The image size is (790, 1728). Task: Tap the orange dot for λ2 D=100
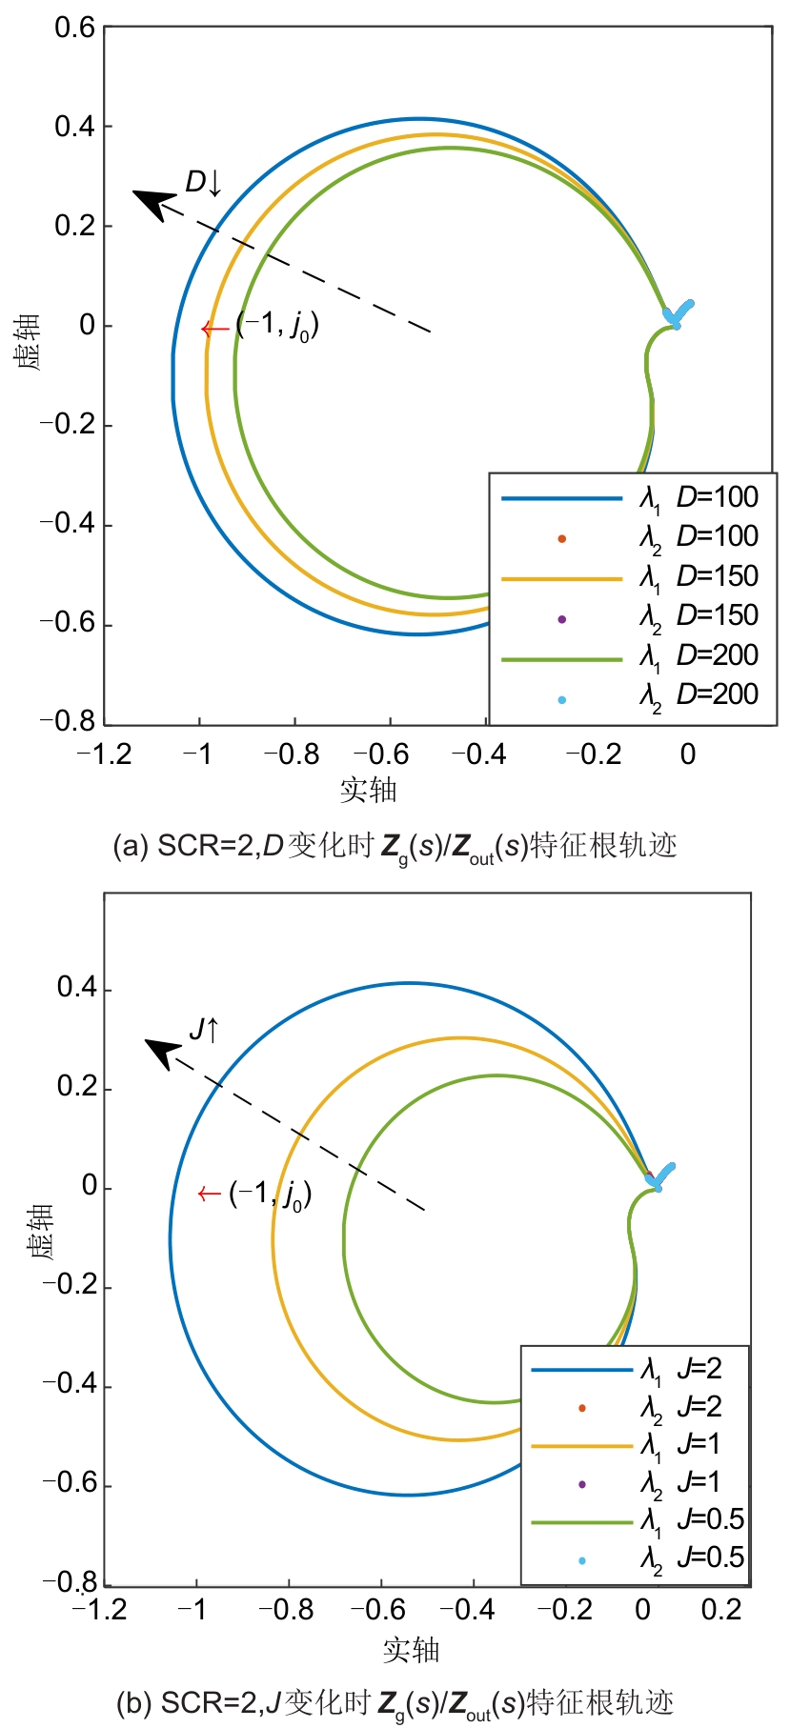562,539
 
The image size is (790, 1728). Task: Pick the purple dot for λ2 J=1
582,1484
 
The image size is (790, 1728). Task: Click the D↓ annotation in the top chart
203,183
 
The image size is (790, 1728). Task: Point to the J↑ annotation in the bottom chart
204,1030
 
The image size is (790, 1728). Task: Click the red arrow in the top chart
214,330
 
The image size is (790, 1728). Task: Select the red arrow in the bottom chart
209,1195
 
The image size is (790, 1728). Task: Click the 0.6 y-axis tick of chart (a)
74,28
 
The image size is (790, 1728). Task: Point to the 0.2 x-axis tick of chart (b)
721,1609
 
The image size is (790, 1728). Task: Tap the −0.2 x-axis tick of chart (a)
589,754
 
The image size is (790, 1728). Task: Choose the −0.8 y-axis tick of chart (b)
71,1582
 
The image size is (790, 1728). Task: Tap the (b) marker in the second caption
133,1702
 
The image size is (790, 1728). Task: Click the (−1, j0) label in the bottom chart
270,1195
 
